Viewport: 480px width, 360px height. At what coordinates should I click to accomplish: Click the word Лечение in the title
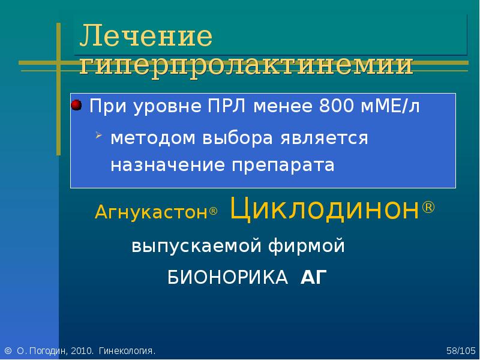pyautogui.click(x=146, y=35)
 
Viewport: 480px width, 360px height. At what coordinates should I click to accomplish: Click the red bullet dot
pyautogui.click(x=76, y=105)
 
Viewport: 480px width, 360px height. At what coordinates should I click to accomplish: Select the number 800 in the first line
pyautogui.click(x=337, y=106)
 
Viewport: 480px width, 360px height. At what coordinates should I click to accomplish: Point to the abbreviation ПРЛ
pyautogui.click(x=227, y=106)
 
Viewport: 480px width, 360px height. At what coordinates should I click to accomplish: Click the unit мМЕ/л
pyautogui.click(x=391, y=106)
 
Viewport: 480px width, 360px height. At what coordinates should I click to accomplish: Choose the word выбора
pyautogui.click(x=238, y=138)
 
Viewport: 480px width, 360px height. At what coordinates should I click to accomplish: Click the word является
pyautogui.click(x=324, y=139)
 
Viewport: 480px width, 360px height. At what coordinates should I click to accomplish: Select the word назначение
pyautogui.click(x=167, y=166)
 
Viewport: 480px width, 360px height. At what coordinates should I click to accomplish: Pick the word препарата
pyautogui.click(x=283, y=166)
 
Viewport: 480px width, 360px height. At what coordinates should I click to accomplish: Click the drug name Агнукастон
pyautogui.click(x=152, y=212)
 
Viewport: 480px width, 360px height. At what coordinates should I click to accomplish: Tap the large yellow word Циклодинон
pyautogui.click(x=324, y=208)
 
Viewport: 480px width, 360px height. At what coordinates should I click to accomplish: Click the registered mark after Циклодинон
pyautogui.click(x=428, y=207)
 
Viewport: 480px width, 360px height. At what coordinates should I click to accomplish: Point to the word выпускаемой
pyautogui.click(x=196, y=246)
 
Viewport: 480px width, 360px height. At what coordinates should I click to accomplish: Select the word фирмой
pyautogui.click(x=307, y=246)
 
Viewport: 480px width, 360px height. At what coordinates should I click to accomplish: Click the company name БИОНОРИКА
pyautogui.click(x=227, y=278)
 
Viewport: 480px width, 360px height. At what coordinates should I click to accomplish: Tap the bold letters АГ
pyautogui.click(x=314, y=277)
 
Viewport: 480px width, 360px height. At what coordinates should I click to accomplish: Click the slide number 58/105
pyautogui.click(x=461, y=351)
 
